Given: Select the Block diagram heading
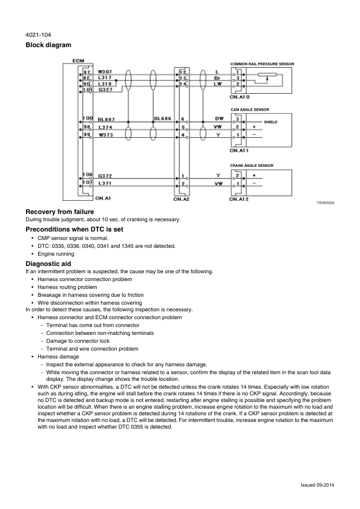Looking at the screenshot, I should tap(48, 45).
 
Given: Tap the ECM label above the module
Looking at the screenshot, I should tap(78, 60).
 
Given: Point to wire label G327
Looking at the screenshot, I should tap(105, 90).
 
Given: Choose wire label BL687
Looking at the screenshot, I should tap(106, 119).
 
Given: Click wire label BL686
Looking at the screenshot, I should tap(163, 119).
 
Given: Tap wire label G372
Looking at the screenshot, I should tap(105, 176).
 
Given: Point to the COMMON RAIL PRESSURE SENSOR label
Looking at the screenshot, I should tap(262, 63).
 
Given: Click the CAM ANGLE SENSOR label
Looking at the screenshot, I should tap(249, 109).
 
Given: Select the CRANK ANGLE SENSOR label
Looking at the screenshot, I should tap(251, 165).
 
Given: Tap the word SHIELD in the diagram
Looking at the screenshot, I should tap(270, 122).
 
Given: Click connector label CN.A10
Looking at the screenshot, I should tap(240, 96).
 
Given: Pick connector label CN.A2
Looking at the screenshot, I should tap(182, 198).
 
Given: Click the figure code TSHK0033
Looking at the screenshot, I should tap(326, 204).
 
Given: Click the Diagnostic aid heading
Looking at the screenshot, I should tap(49, 264).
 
